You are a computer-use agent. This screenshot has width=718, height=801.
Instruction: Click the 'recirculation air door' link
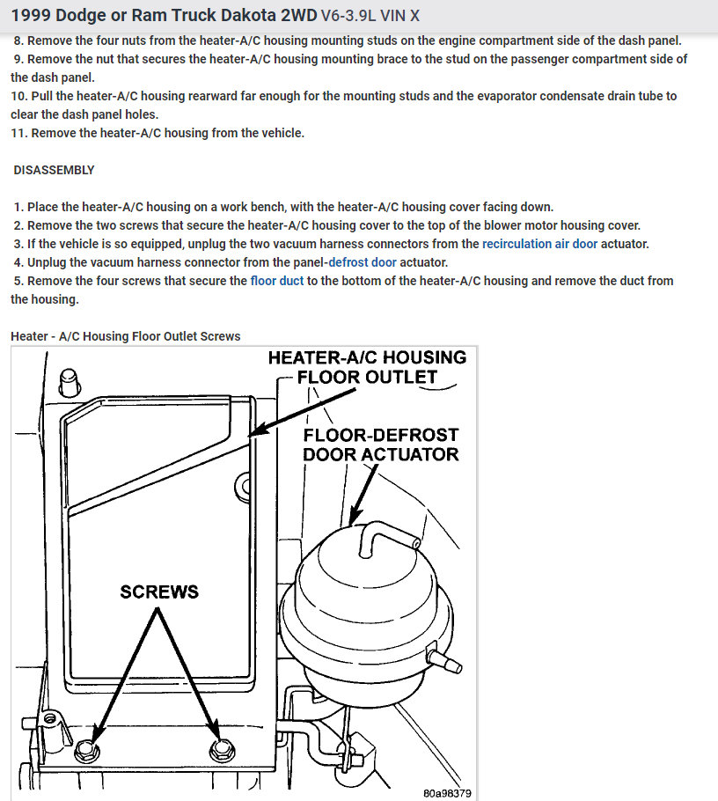tap(539, 244)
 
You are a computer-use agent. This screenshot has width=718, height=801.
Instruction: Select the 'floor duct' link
tap(277, 281)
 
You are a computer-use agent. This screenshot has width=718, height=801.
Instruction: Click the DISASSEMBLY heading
tap(55, 170)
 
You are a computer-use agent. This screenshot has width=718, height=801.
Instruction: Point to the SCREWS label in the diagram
tap(159, 592)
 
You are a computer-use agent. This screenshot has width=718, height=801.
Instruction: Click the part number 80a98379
tap(446, 792)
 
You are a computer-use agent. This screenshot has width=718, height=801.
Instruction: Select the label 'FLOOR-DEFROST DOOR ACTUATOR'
tap(380, 445)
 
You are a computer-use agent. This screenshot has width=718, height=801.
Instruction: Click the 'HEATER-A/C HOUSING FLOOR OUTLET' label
tap(367, 367)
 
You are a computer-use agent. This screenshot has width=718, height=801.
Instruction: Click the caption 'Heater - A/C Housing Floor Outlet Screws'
tap(125, 336)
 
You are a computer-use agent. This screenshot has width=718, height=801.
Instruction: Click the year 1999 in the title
tap(31, 16)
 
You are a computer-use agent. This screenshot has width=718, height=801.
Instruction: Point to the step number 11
tap(18, 133)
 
